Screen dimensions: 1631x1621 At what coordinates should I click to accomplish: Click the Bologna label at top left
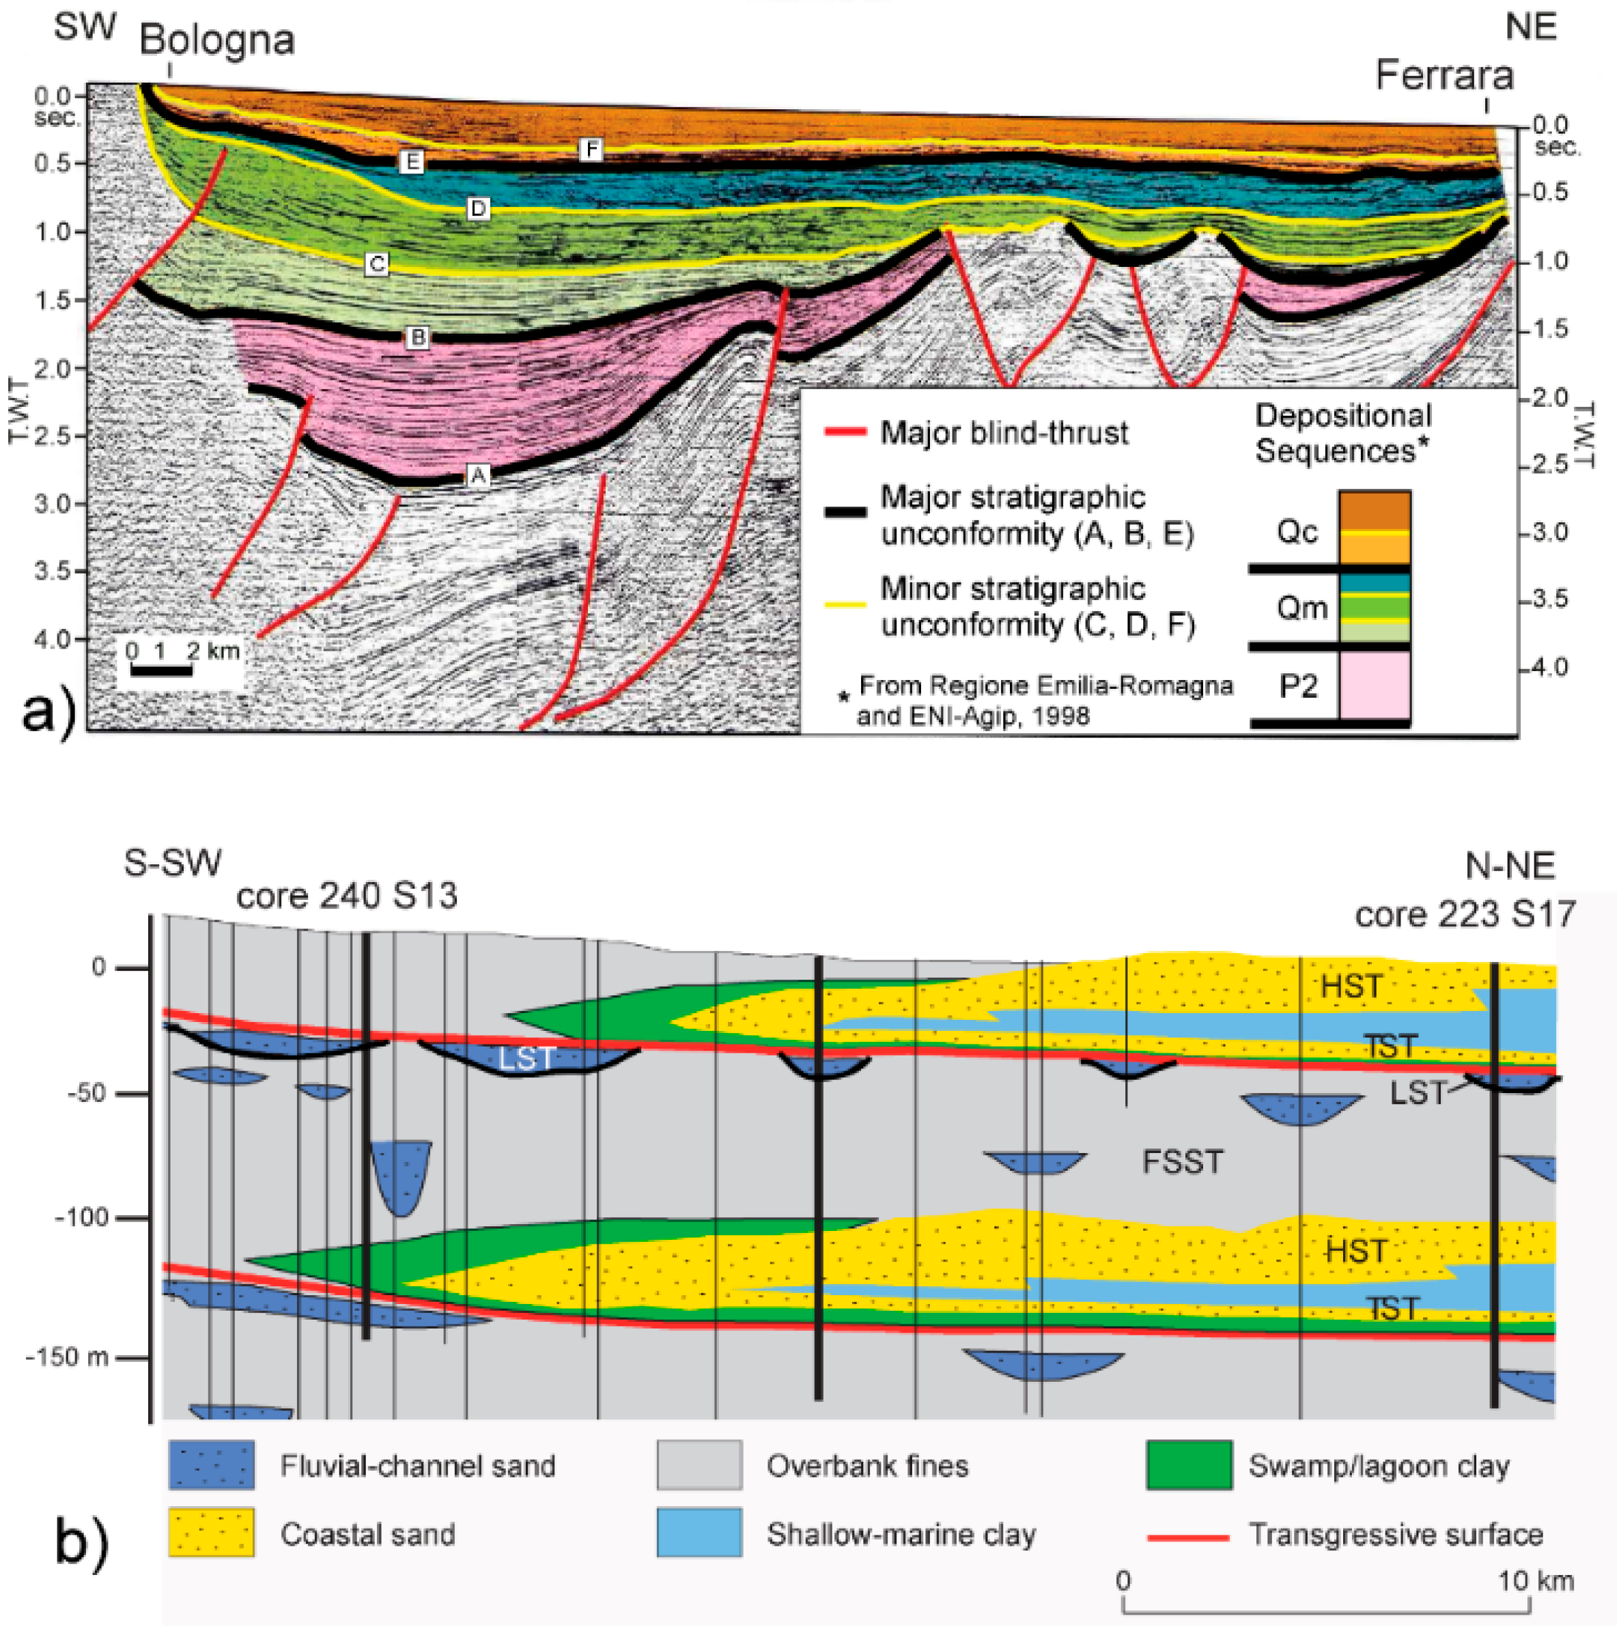[x=217, y=40]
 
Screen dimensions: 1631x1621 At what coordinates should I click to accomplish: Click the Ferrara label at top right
[x=1443, y=76]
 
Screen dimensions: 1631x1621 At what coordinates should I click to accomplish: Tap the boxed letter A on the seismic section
[x=478, y=476]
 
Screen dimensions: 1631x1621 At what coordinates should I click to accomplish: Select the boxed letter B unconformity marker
[x=417, y=339]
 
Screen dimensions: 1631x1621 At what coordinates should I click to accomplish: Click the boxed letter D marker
[x=478, y=208]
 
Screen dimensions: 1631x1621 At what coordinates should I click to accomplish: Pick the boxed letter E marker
[x=411, y=161]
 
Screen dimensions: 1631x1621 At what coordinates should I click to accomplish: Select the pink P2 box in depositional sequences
[x=1374, y=685]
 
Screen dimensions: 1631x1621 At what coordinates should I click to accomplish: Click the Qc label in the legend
[x=1297, y=532]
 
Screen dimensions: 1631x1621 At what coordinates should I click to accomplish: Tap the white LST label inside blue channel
[x=525, y=1058]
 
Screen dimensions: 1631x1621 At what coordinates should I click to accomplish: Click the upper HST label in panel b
[x=1351, y=986]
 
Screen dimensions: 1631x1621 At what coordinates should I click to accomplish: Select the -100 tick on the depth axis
[x=82, y=1217]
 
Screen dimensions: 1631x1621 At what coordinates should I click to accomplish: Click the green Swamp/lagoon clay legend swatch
[x=1189, y=1466]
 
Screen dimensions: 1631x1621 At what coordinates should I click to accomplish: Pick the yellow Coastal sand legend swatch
[x=211, y=1533]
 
